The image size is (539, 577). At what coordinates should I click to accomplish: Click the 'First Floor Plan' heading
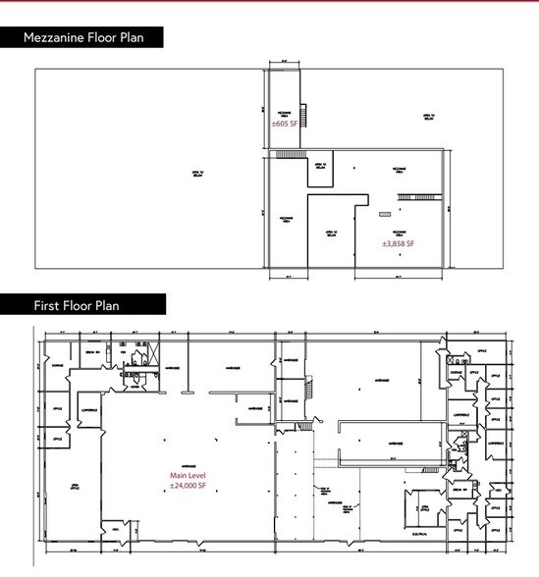pos(77,305)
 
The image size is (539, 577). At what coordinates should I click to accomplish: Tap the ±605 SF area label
pos(285,126)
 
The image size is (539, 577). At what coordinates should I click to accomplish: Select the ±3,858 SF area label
pos(398,242)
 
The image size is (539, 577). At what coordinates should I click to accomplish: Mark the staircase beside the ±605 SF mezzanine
pos(305,116)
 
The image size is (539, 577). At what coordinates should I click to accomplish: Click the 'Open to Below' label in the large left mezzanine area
pos(196,175)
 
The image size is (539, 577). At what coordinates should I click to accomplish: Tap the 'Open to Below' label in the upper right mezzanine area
pos(428,116)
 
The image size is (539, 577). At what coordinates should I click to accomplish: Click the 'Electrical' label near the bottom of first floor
pos(425,538)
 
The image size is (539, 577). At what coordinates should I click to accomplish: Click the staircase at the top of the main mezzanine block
pos(286,155)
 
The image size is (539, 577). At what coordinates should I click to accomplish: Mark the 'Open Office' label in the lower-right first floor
pos(425,506)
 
